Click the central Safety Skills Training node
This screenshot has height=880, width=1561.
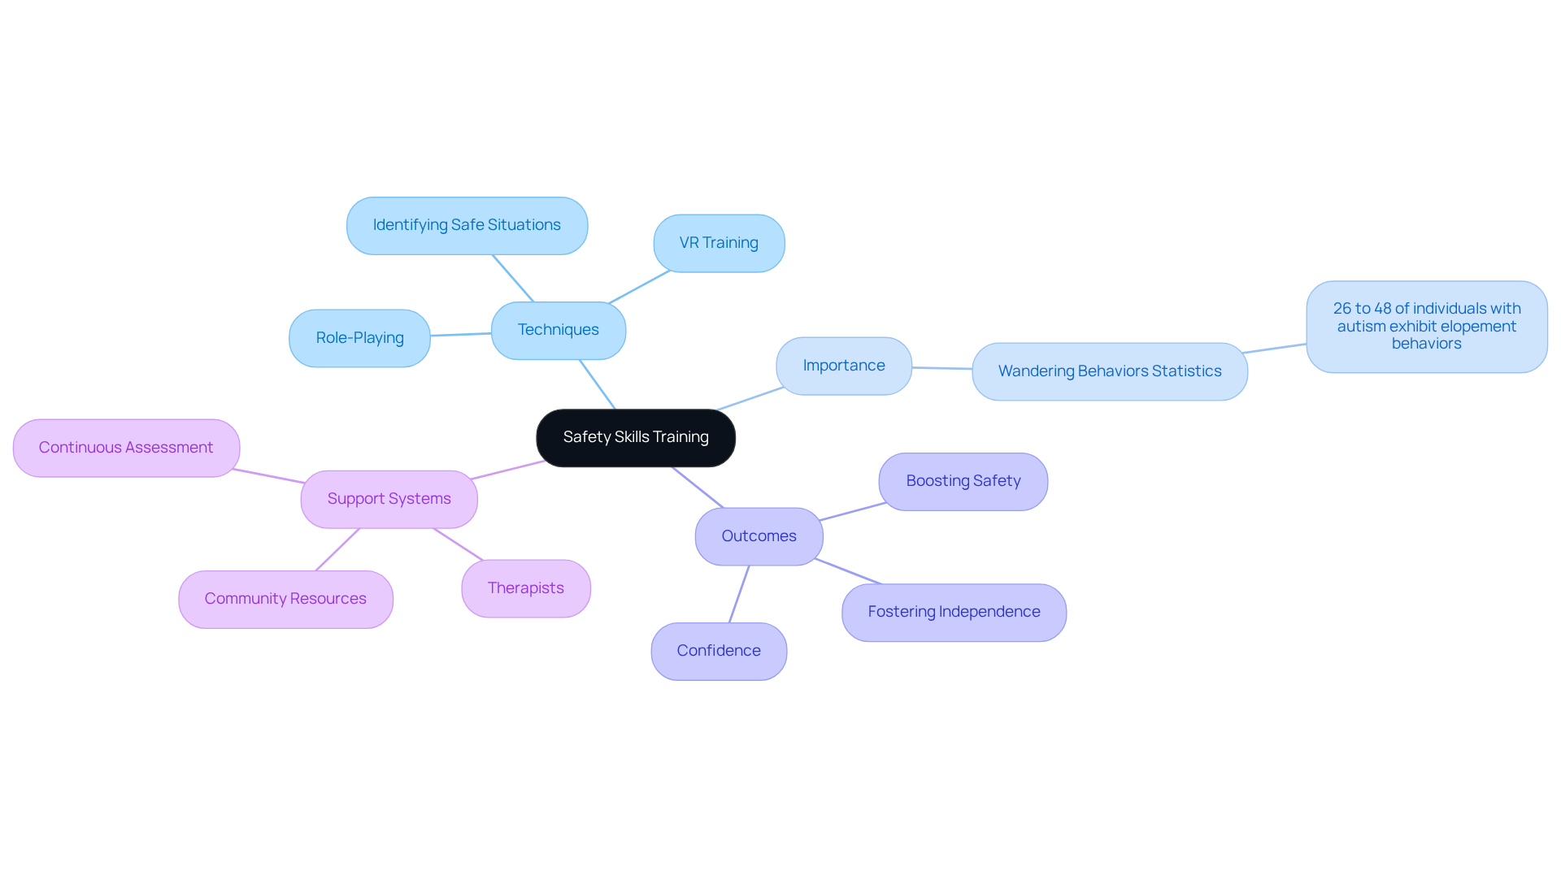coord(636,438)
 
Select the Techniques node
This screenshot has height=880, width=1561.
coord(559,330)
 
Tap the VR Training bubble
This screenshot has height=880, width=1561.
coord(719,243)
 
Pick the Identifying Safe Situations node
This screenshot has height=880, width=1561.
coord(467,225)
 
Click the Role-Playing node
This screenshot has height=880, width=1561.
coord(359,338)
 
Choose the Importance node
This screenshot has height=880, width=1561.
coord(844,366)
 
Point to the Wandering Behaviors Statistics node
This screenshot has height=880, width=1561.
coord(1110,371)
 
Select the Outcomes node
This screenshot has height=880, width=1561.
coord(759,536)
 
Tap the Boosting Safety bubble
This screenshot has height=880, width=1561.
coord(963,481)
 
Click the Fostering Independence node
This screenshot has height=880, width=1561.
coord(954,612)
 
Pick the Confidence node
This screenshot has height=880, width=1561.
coord(719,651)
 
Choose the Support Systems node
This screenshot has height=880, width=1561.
coord(389,499)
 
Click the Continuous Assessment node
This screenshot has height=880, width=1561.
coord(126,448)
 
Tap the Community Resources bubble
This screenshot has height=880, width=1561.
coord(285,599)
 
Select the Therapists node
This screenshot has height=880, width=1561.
coord(526,588)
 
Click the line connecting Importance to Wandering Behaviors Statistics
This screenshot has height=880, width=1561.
coord(941,368)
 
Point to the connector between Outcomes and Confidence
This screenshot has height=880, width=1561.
coord(739,594)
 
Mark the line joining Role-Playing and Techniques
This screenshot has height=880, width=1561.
coord(461,334)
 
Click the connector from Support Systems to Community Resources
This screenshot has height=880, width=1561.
coord(337,549)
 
